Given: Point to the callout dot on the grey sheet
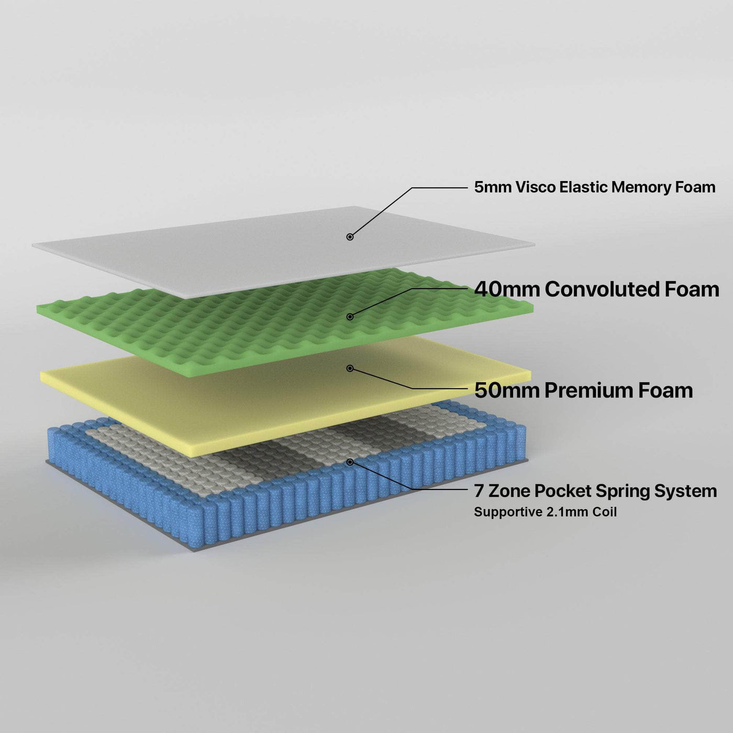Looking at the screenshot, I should coord(350,237).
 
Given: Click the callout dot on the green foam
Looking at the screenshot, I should coord(350,316).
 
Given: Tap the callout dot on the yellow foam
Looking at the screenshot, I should coord(350,369).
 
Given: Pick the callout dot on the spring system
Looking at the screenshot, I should coord(350,462).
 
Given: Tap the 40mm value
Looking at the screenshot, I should coord(507,289).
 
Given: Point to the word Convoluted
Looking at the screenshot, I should coord(600,289).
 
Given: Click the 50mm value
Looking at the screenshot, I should coord(507,390).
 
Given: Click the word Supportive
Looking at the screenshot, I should coord(508,512).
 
